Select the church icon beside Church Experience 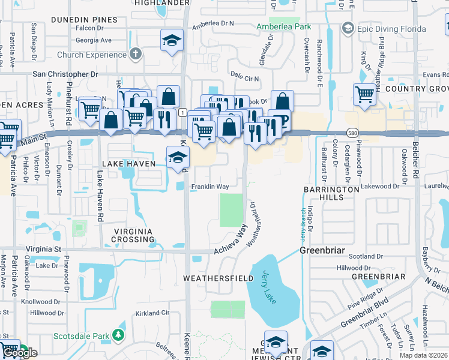click(136, 55)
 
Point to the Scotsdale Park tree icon click(119, 335)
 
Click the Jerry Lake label click(268, 287)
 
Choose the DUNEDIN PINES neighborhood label click(83, 20)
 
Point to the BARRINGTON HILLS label click(331, 194)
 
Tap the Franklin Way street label click(209, 187)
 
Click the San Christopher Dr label click(65, 74)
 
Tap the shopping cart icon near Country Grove click(364, 94)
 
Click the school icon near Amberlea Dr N click(172, 41)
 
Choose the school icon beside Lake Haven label click(178, 158)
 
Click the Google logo click(20, 353)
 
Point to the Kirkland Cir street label click(152, 313)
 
